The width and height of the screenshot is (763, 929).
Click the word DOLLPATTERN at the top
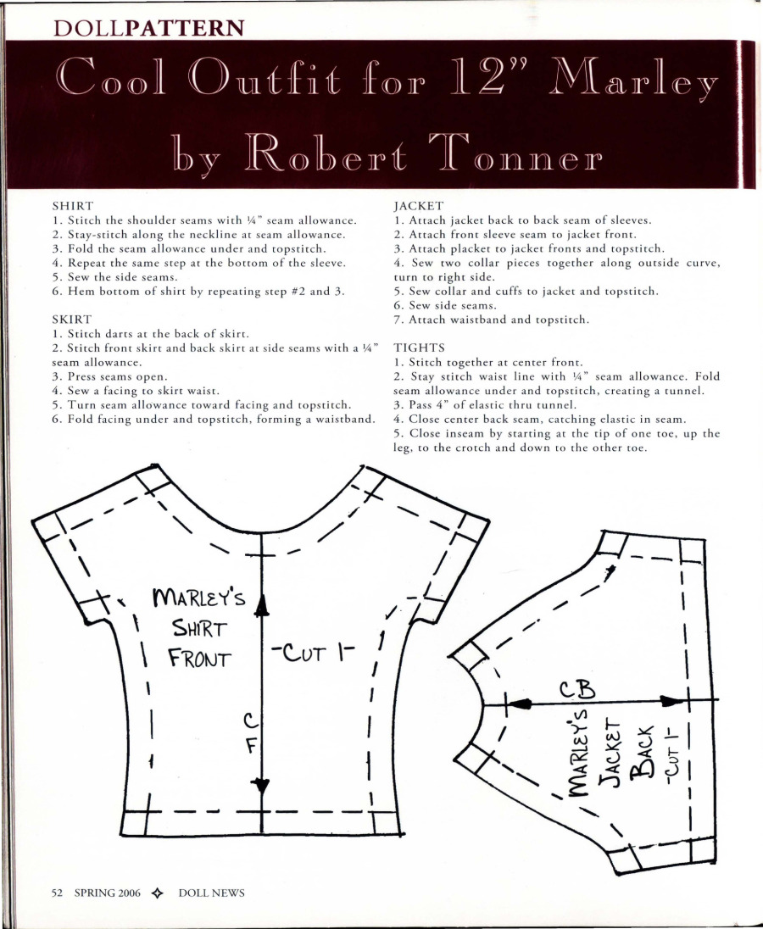point(149,27)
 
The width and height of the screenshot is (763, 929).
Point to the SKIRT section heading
point(72,320)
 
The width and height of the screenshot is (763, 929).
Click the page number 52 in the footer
point(58,893)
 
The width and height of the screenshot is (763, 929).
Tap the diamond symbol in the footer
point(156,893)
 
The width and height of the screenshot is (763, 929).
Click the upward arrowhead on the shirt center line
point(263,604)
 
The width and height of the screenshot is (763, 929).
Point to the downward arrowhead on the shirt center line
point(263,786)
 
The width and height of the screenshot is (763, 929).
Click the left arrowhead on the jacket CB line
point(521,704)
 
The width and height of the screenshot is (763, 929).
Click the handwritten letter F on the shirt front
point(251,748)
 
